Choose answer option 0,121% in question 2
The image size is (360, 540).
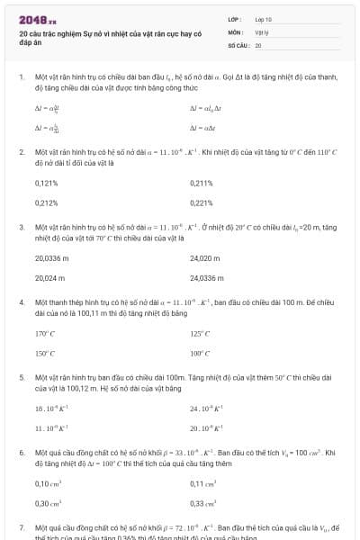pos(46,183)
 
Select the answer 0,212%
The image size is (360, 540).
pos(46,202)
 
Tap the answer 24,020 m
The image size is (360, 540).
pos(205,258)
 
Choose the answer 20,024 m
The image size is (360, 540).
pos(50,278)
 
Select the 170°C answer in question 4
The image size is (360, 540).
pos(45,334)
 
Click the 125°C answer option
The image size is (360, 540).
pos(200,334)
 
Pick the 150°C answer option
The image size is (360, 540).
pos(45,354)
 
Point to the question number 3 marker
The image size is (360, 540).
pos(22,228)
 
